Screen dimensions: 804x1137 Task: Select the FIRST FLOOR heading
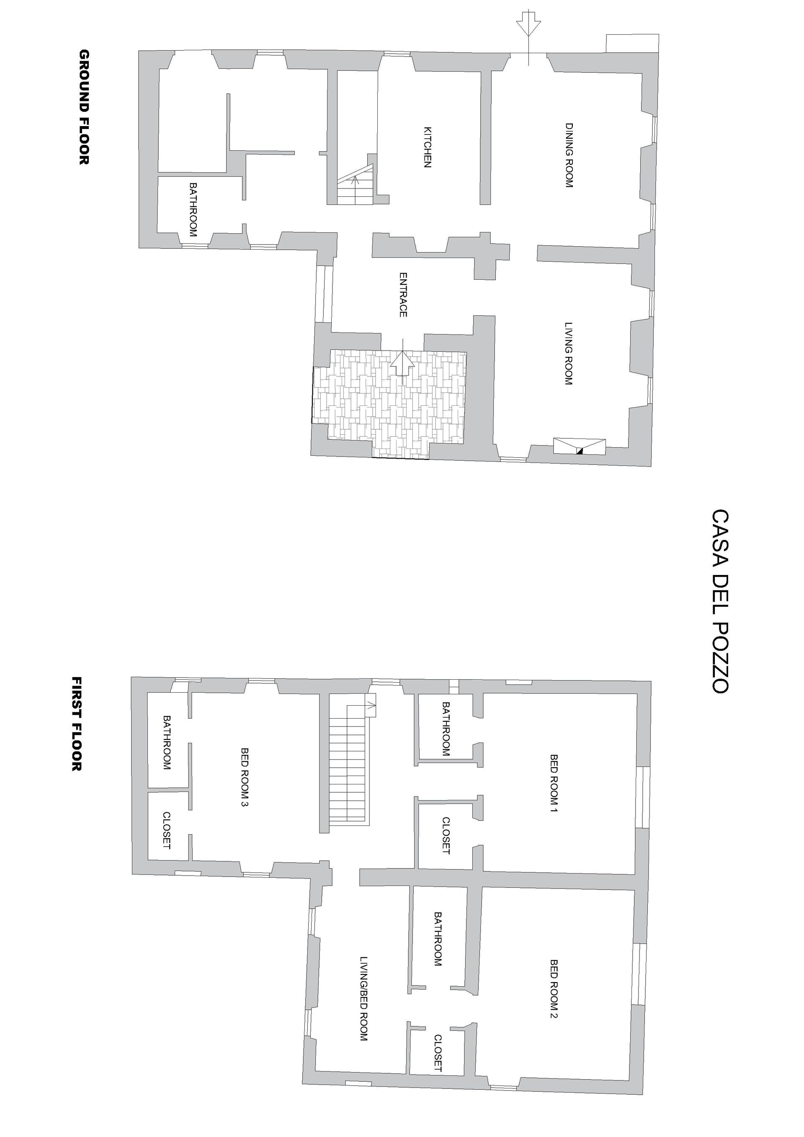tap(77, 724)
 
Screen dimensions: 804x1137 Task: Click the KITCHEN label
tap(427, 147)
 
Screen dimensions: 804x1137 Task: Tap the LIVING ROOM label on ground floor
tap(569, 354)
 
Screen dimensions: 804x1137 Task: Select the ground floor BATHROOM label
tap(193, 210)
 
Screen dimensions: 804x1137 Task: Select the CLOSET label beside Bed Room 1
tap(446, 836)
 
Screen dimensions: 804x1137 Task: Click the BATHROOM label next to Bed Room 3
tap(166, 743)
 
